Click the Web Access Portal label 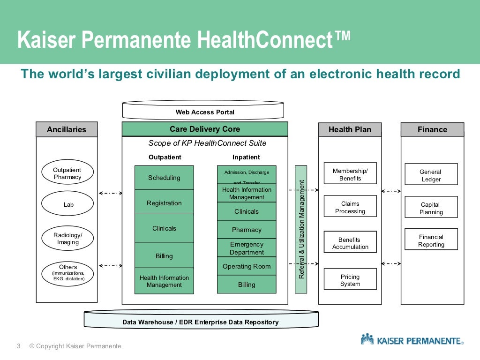(x=205, y=112)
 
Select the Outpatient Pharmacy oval (x=67, y=173)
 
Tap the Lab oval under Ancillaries (x=68, y=204)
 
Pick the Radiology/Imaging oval (x=67, y=239)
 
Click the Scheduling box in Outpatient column (x=164, y=178)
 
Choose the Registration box (x=164, y=203)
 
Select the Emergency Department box (x=247, y=248)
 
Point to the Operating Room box (x=247, y=266)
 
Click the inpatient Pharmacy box (x=247, y=230)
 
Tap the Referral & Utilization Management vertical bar (x=301, y=229)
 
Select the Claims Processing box (x=350, y=207)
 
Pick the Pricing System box (x=350, y=280)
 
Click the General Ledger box (x=431, y=175)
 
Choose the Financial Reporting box (x=431, y=240)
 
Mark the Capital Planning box (x=431, y=208)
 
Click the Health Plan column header (x=350, y=129)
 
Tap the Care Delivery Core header (x=205, y=129)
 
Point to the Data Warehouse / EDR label (x=201, y=322)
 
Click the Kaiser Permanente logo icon (x=367, y=339)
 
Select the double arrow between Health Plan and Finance (x=391, y=191)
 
